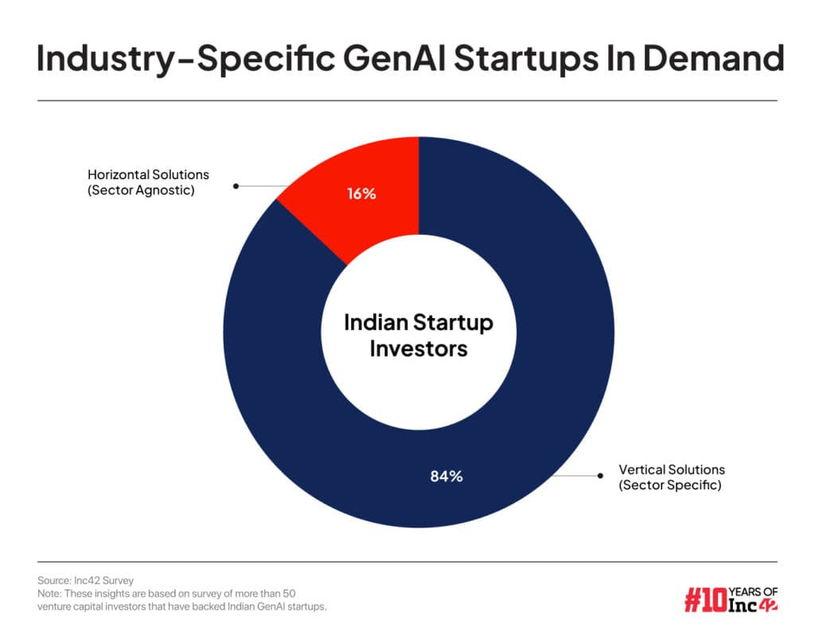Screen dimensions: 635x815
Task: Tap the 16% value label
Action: (361, 193)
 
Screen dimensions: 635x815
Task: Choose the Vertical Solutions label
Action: (672, 469)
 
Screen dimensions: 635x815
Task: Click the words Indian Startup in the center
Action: (418, 323)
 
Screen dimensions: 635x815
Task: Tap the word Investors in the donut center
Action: (418, 348)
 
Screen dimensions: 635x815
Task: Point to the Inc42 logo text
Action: (753, 607)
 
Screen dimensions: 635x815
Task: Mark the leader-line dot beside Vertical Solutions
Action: (598, 476)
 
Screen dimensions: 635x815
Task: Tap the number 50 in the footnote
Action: (289, 594)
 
